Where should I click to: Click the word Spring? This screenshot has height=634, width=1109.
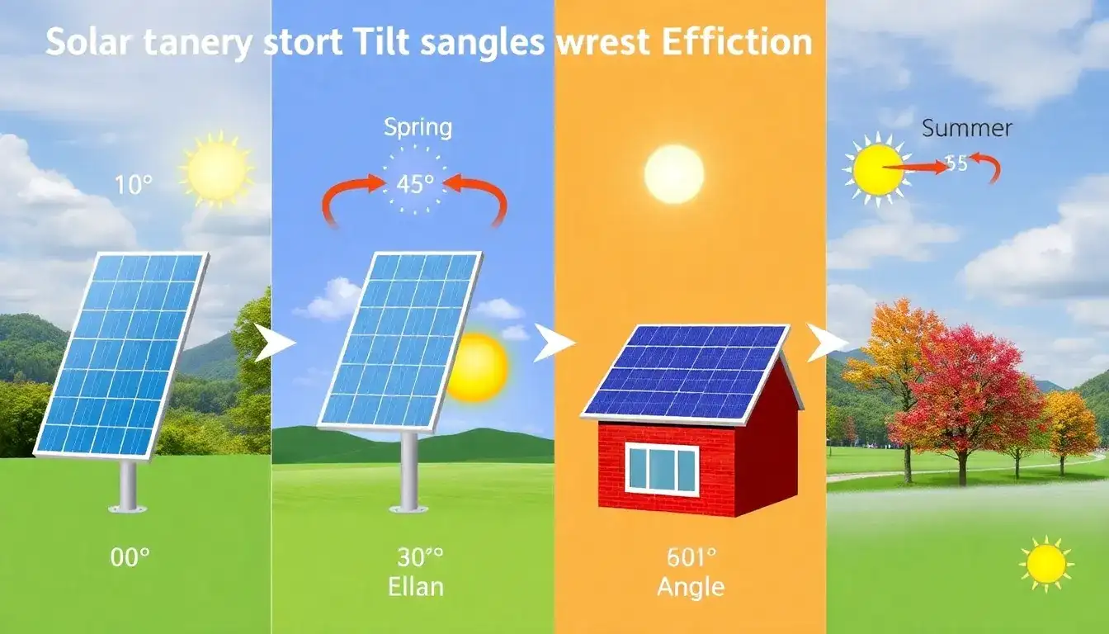[418, 128]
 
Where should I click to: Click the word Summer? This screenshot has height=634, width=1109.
[966, 129]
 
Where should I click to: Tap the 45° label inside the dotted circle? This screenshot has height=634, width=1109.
[415, 184]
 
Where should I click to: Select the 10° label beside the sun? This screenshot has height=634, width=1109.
[133, 185]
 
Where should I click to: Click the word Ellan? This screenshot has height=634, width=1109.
[415, 587]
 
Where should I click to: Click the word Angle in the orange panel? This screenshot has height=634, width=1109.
[691, 587]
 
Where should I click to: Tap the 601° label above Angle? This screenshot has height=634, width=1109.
[691, 557]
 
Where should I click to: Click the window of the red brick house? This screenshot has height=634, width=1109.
[661, 469]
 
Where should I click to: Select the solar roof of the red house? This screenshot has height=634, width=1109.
[689, 369]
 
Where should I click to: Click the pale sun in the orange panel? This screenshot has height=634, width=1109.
[674, 174]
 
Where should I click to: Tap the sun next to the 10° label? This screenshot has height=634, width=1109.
[217, 169]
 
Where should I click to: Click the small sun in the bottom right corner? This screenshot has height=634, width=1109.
[1045, 564]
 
